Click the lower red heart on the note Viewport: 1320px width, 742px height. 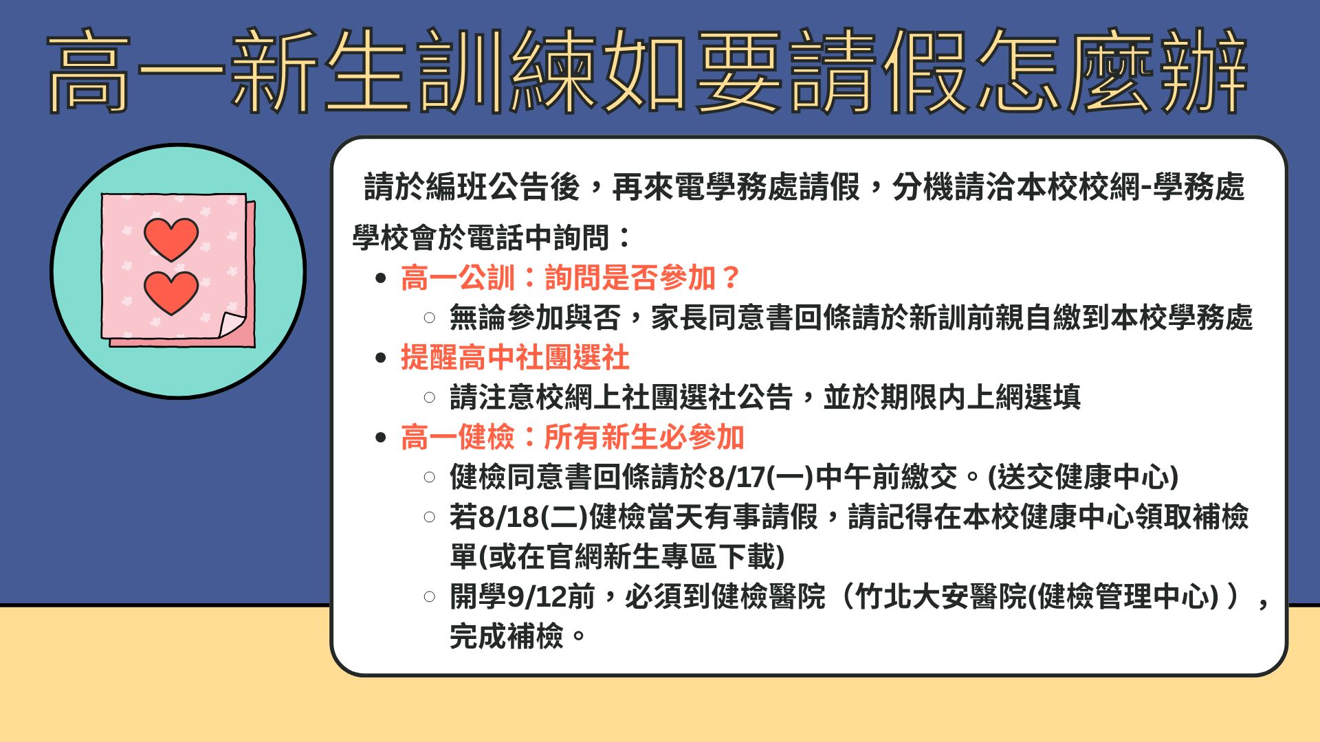[x=171, y=293]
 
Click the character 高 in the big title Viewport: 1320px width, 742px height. [x=88, y=71]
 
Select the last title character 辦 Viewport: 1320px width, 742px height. [x=1204, y=71]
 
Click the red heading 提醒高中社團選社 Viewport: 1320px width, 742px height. [x=515, y=358]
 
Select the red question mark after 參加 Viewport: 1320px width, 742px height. [x=731, y=278]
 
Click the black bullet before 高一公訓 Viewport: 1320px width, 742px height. [x=382, y=279]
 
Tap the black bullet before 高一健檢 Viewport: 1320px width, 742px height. [x=382, y=438]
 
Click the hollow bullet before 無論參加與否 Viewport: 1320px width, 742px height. [x=430, y=318]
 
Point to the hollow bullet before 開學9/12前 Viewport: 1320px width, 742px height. [x=430, y=597]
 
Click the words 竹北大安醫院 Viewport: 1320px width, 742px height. [x=940, y=597]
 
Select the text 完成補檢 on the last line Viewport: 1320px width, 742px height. [x=507, y=636]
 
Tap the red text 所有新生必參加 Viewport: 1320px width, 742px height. [x=644, y=438]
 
